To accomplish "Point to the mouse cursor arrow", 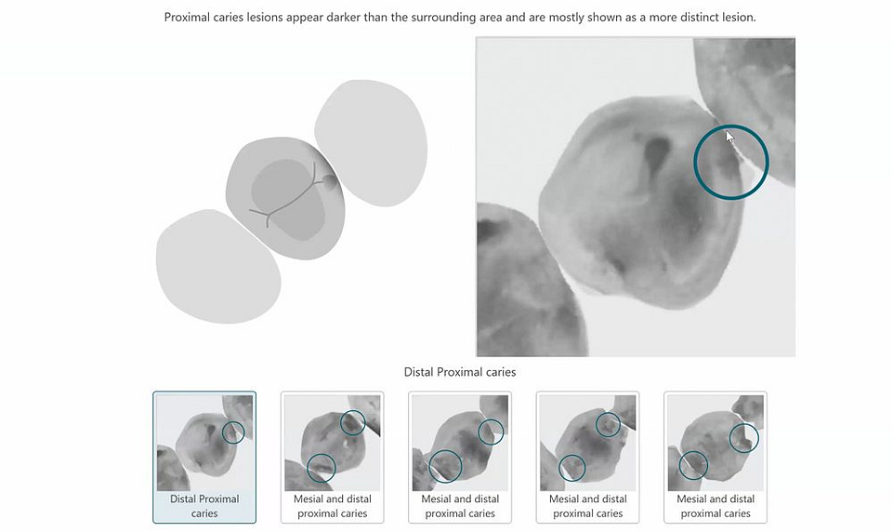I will [729, 137].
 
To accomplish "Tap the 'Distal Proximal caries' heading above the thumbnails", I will [459, 372].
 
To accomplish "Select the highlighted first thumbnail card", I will [204, 456].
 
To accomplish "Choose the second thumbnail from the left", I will [332, 456].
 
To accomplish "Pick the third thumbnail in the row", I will [460, 456].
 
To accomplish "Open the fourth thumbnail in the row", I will [587, 456].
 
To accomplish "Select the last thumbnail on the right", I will [716, 456].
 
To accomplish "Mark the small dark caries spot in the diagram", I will [329, 185].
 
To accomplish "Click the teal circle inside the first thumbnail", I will [233, 432].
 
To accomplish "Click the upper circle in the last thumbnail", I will [743, 437].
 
